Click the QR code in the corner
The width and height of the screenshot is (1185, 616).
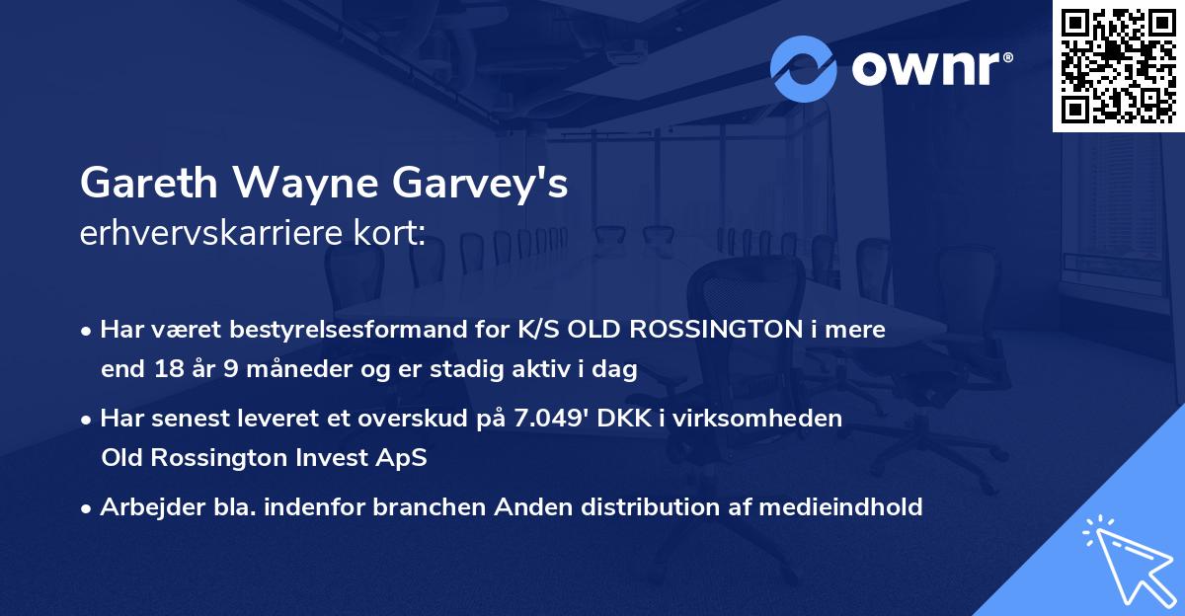[1118, 65]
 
